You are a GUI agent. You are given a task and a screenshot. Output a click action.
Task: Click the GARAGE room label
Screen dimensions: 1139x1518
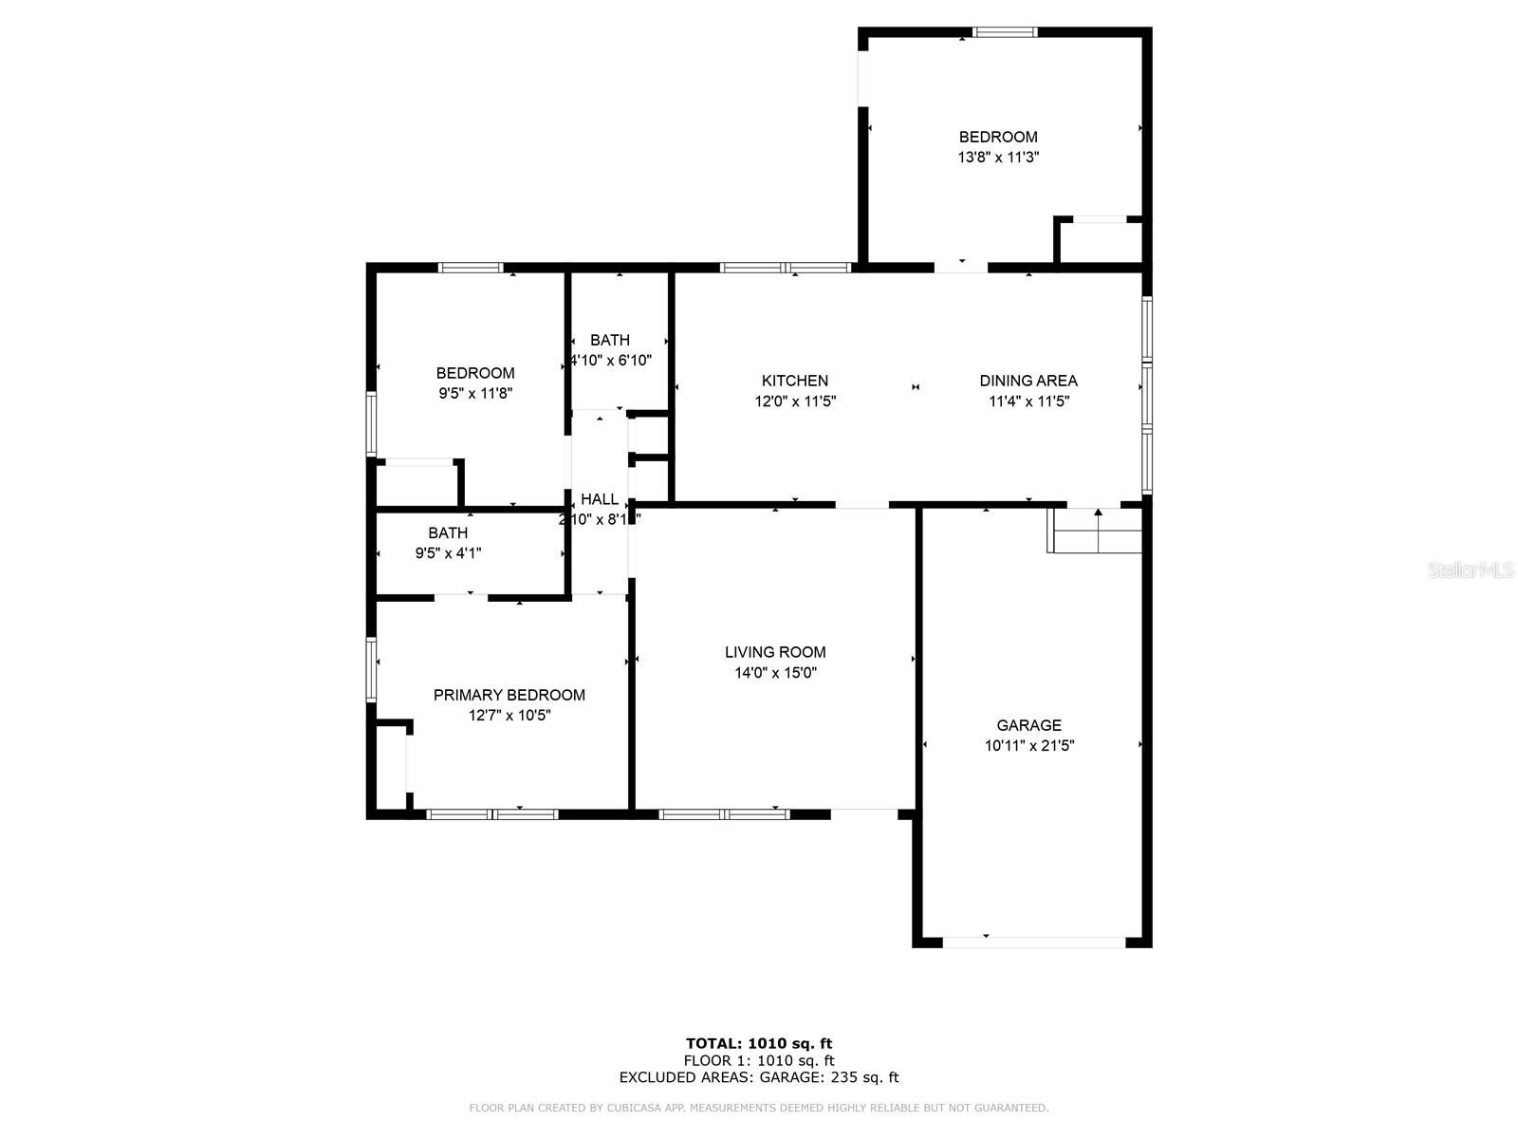click(x=1028, y=725)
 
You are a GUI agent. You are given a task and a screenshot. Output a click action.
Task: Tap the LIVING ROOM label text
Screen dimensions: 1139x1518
click(x=775, y=652)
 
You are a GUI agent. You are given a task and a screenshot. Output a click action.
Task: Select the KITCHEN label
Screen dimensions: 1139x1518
click(x=795, y=381)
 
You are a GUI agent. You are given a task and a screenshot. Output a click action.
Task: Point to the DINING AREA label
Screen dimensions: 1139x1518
click(x=1028, y=381)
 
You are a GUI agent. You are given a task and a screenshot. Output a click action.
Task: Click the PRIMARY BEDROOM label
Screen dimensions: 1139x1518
click(x=509, y=695)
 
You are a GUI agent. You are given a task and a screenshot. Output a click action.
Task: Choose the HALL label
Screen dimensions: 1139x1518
click(x=600, y=499)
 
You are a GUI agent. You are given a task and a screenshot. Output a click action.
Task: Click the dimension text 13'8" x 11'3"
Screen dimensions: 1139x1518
click(x=998, y=158)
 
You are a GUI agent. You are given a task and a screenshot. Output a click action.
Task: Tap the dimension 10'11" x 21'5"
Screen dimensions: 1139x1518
click(x=1029, y=746)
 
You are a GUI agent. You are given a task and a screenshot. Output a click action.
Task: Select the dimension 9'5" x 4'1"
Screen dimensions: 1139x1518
click(x=448, y=553)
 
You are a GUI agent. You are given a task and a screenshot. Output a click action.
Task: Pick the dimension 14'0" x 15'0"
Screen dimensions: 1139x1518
click(x=775, y=673)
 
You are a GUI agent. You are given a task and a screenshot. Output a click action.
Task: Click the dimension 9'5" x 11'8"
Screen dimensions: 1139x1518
click(x=475, y=393)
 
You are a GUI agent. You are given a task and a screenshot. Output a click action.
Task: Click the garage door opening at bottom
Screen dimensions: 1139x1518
click(x=1034, y=942)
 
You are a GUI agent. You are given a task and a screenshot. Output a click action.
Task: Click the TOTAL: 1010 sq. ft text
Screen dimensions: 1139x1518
click(x=759, y=1044)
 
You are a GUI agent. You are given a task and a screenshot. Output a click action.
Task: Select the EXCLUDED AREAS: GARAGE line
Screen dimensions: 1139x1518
click(x=759, y=1077)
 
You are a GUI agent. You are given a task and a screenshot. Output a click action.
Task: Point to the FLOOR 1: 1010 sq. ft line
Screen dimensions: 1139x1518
click(x=759, y=1061)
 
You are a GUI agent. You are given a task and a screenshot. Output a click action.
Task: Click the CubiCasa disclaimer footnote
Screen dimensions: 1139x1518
click(x=759, y=1108)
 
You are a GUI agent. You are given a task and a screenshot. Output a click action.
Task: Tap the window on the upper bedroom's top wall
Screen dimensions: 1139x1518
click(x=1006, y=32)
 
